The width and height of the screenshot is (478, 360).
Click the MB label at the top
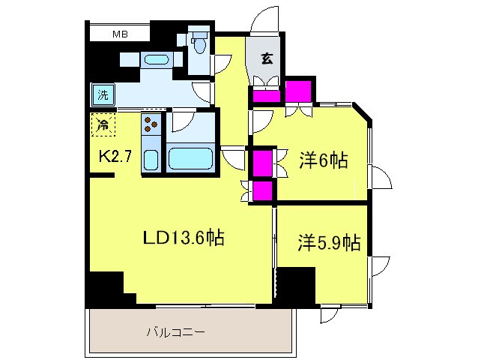point(120,34)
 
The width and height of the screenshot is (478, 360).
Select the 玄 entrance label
point(266,57)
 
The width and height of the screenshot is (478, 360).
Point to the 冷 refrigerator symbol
point(103,124)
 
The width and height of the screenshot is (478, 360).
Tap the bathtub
point(192,159)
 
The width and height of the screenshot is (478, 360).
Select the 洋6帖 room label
point(324,160)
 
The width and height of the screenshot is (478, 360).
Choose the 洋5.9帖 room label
point(329,242)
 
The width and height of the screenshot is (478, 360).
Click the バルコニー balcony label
point(175,331)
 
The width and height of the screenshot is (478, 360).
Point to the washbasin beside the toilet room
point(157,59)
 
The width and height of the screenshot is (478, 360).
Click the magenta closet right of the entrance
point(298,91)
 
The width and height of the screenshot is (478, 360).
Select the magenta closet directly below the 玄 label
point(265,95)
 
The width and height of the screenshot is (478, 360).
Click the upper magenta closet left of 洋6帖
point(262,162)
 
